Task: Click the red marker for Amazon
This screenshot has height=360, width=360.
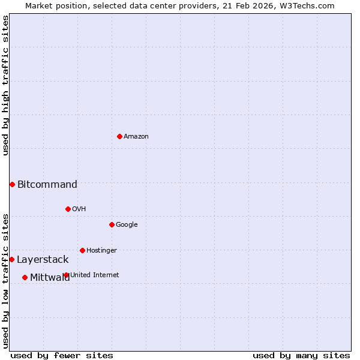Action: [x=119, y=136]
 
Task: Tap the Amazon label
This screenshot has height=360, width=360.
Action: [x=136, y=137]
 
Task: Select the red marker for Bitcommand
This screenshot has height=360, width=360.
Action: [x=12, y=184]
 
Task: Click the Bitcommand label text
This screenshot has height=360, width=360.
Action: [x=47, y=185]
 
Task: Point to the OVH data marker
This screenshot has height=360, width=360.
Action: [x=68, y=209]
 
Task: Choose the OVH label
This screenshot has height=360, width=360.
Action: [x=79, y=209]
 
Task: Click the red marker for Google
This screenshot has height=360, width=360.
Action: [x=112, y=224]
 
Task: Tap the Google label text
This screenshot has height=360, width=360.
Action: [x=127, y=225]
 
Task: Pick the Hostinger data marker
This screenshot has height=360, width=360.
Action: [x=82, y=250]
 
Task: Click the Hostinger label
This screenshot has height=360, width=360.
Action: [x=101, y=251]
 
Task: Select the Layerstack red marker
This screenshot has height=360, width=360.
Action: [x=11, y=259]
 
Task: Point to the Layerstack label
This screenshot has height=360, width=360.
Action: [x=43, y=260]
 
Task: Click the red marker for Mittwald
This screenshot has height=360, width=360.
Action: [x=25, y=277]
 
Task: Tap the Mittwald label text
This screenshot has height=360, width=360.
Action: [x=50, y=277]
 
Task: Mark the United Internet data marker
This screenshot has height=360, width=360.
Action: [x=66, y=275]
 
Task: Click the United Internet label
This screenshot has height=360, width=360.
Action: [x=95, y=275]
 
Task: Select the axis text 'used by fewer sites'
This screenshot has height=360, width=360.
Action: [x=62, y=355]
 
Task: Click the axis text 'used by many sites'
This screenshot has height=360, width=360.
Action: [x=301, y=355]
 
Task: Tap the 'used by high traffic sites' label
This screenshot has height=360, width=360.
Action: [x=6, y=85]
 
